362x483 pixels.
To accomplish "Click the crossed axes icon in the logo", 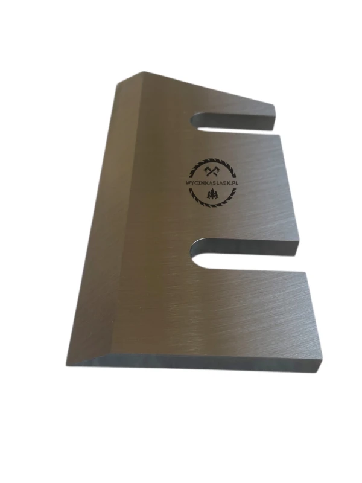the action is [211, 170].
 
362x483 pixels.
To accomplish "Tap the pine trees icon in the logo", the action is [212, 194].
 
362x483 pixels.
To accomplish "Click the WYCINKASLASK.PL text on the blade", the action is [212, 182].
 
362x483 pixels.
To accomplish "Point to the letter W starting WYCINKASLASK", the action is [188, 183].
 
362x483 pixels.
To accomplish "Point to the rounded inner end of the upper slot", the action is [194, 123].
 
